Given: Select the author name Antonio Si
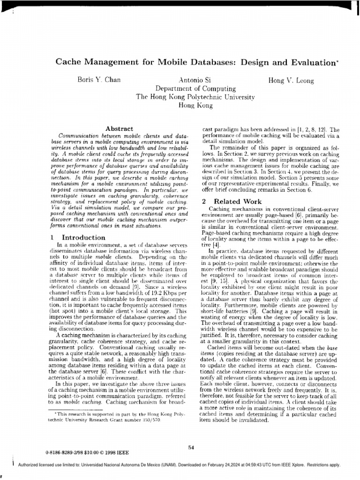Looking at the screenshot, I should pos(194,81).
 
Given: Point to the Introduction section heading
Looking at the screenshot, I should pos(83,238).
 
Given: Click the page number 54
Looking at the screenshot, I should pos(191,448).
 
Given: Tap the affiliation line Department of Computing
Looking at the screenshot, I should pos(195,89).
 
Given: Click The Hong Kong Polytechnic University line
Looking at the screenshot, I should pos(195,97).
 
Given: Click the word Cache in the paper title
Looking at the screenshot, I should pos(69,62).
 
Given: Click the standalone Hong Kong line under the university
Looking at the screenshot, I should pos(195,106).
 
